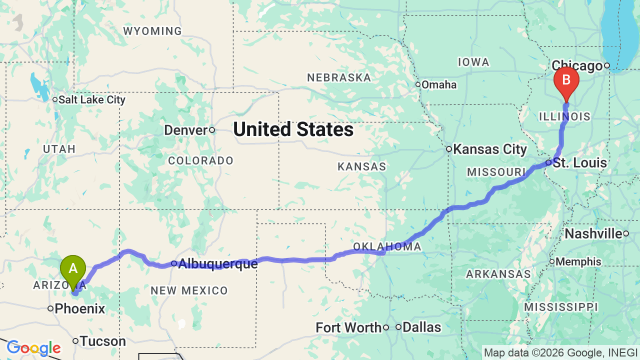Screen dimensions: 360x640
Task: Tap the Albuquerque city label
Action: pos(217,263)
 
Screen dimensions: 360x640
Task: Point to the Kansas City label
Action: pos(489,149)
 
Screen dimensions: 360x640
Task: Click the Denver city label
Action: pos(185,130)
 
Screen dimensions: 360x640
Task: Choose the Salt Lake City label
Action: pos(91,99)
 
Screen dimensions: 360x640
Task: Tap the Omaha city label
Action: pos(438,84)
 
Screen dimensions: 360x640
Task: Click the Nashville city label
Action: pos(593,233)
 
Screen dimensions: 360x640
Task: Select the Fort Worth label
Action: pos(348,327)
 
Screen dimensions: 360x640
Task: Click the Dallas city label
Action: pos(421,327)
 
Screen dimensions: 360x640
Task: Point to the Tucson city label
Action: pos(103,341)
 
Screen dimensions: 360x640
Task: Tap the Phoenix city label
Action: pos(80,308)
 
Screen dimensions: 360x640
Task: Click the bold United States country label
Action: pos(293,129)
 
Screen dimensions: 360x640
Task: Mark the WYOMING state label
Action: pos(152,31)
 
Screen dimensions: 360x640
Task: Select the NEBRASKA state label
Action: pos(339,77)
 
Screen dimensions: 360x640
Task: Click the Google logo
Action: pos(33,348)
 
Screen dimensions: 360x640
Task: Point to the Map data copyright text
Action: pos(560,352)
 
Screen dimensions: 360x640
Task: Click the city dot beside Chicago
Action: pos(607,65)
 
